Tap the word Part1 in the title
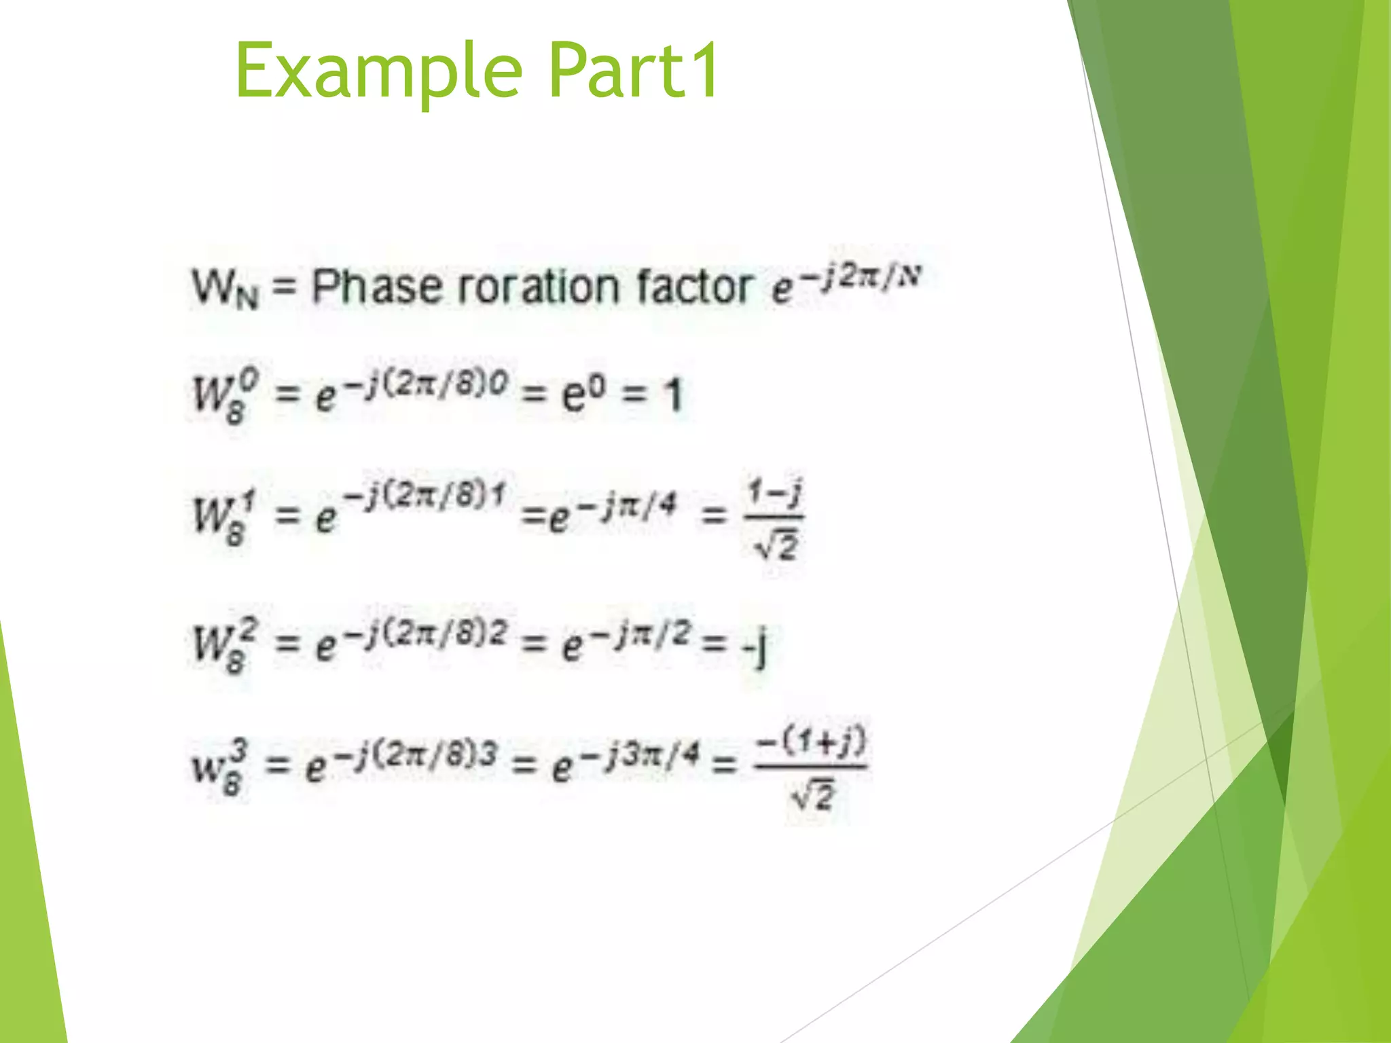pyautogui.click(x=633, y=70)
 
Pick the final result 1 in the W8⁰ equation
pyautogui.click(x=672, y=395)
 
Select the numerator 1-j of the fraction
pyautogui.click(x=774, y=492)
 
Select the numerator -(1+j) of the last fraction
pyautogui.click(x=811, y=742)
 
